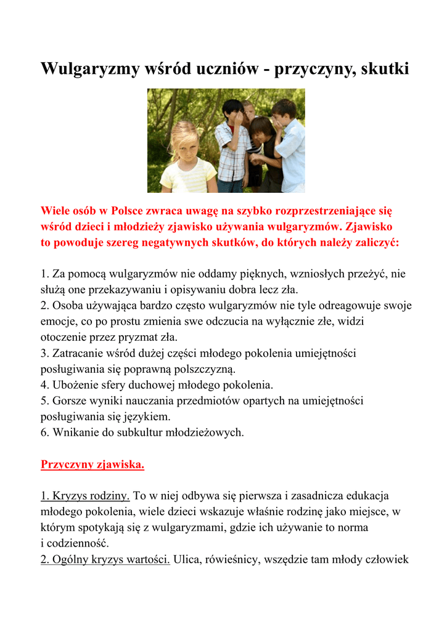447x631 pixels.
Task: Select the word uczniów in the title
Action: (x=220, y=69)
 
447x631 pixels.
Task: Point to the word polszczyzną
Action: (x=197, y=369)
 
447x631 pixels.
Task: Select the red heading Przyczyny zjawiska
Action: (x=92, y=464)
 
